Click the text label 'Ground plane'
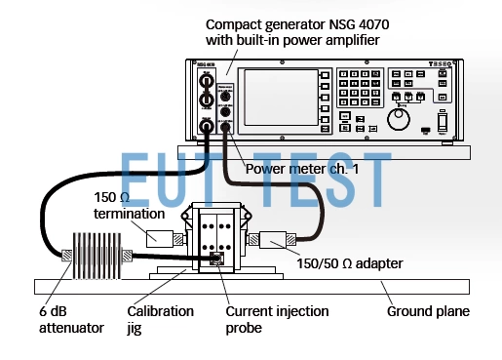428,313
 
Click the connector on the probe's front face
215,260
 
